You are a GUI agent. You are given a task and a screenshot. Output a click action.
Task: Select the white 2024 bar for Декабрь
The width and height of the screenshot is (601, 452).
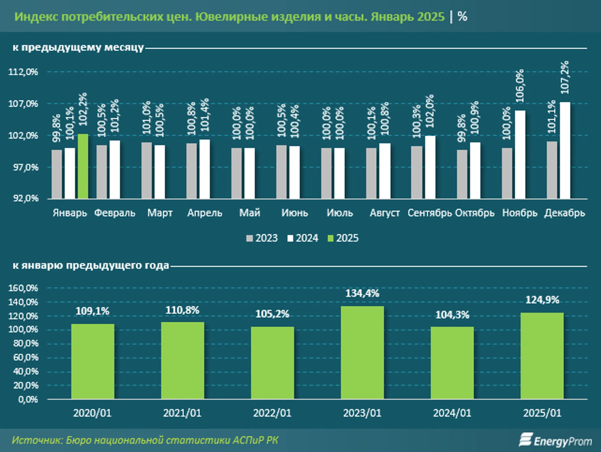click(565, 150)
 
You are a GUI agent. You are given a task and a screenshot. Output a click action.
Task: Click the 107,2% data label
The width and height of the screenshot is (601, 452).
click(565, 77)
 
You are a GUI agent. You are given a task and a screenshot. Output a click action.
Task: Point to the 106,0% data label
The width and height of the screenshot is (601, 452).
click(520, 86)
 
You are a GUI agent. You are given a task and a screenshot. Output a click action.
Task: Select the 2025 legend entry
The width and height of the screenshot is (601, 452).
click(343, 238)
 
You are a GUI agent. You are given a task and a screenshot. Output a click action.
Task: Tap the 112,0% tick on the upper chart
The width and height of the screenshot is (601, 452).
click(23, 72)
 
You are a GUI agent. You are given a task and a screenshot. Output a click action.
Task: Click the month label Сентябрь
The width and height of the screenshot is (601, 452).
click(430, 213)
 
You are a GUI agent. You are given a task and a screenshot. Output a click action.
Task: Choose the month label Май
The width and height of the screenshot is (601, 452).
click(250, 213)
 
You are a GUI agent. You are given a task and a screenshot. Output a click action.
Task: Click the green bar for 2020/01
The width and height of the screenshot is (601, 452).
click(93, 361)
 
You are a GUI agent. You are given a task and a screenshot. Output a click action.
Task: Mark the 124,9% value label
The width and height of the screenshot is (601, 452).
click(542, 300)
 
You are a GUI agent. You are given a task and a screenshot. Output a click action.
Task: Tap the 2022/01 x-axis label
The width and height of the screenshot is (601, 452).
click(272, 413)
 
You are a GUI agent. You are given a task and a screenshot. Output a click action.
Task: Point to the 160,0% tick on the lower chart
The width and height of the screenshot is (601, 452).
click(23, 288)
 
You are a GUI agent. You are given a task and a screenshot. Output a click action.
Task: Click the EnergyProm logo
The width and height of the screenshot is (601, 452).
click(555, 440)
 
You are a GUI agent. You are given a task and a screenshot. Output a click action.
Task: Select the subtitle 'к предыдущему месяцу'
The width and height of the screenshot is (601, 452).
click(78, 47)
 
